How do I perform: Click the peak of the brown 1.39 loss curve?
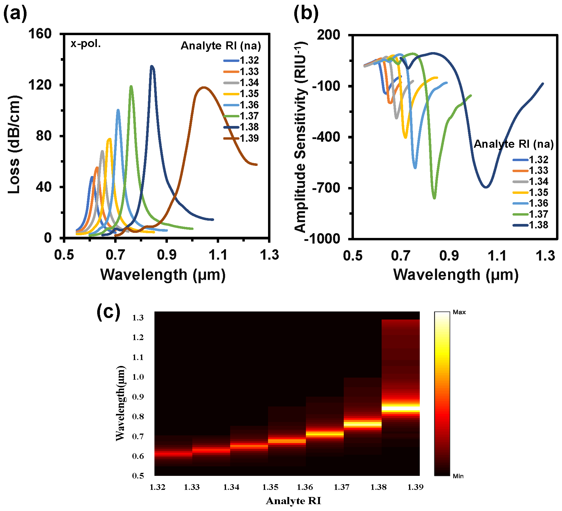click(204, 87)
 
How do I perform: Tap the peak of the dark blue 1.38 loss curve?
click(152, 66)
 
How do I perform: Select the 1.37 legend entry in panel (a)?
click(249, 116)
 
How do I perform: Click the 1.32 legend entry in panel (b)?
click(538, 160)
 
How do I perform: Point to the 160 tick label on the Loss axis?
click(40, 34)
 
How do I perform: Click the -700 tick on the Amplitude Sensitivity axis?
click(326, 188)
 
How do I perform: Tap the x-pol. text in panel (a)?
click(86, 44)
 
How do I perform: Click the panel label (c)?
click(108, 312)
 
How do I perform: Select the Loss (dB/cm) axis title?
click(14, 144)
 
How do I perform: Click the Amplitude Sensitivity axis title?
click(301, 137)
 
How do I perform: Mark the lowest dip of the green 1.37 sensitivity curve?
click(434, 198)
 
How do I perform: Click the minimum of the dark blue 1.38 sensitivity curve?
click(486, 187)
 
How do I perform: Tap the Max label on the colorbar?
click(459, 312)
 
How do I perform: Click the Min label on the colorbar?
click(458, 476)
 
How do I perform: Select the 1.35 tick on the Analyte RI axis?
click(270, 487)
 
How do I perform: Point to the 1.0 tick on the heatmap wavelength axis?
click(138, 377)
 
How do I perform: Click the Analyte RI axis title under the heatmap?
click(293, 501)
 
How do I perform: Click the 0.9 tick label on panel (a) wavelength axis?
click(167, 255)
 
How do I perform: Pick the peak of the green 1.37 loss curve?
click(131, 86)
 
